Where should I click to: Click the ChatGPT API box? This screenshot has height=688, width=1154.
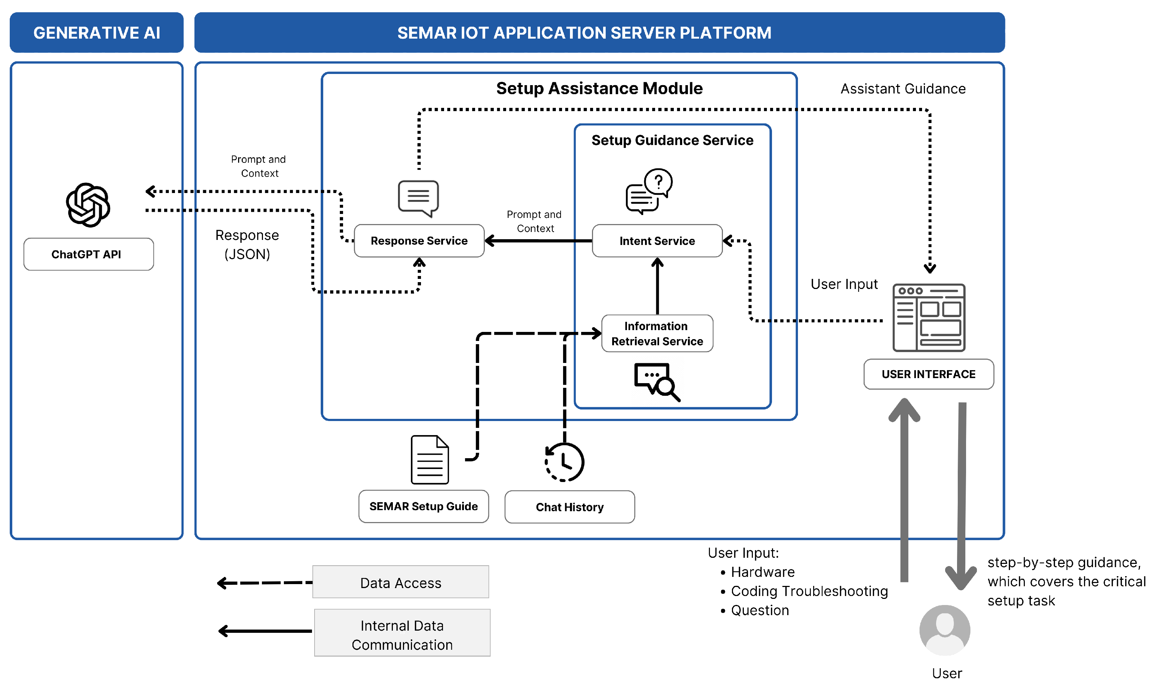coord(88,254)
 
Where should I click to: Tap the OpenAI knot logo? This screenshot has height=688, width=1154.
coord(88,205)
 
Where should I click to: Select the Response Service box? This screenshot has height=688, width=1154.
coord(419,241)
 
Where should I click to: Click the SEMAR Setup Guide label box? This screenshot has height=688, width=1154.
coord(423,506)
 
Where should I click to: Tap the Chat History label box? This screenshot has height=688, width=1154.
coord(569,507)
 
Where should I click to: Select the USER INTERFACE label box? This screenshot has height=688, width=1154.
coord(928,374)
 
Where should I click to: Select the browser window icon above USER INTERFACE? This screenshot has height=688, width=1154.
coord(929,317)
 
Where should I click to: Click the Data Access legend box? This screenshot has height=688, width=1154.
coord(400,582)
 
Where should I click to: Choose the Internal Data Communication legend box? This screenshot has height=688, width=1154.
coord(402,633)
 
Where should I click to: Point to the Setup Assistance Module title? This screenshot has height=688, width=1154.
coord(599,88)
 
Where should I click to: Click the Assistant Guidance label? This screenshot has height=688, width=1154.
coord(903,88)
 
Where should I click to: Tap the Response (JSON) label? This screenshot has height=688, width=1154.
coord(247,244)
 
